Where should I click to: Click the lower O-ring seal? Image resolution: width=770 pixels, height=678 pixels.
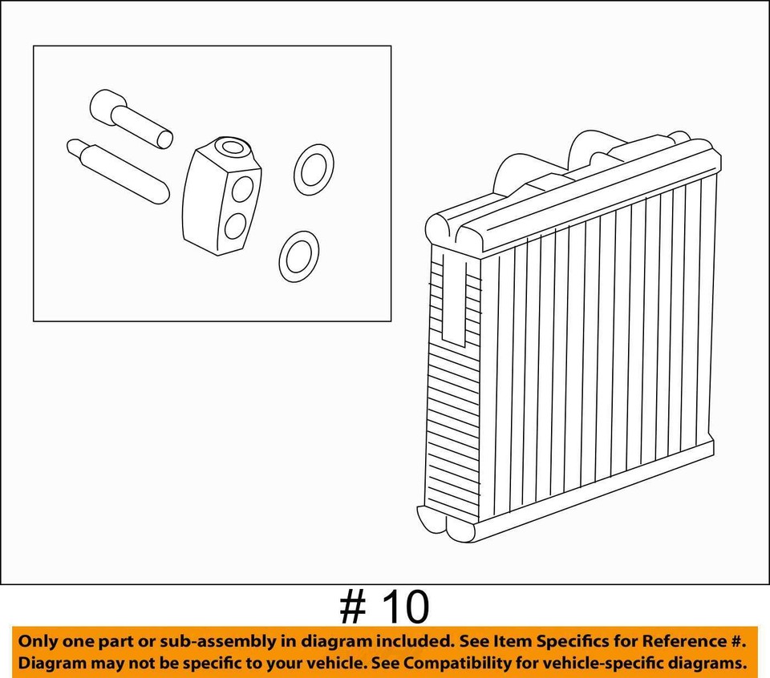(298, 256)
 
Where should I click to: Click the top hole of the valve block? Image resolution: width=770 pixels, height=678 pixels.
(234, 147)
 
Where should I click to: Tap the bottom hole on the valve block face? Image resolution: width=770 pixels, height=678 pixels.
(235, 226)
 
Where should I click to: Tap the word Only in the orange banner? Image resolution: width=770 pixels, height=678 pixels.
(38, 641)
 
